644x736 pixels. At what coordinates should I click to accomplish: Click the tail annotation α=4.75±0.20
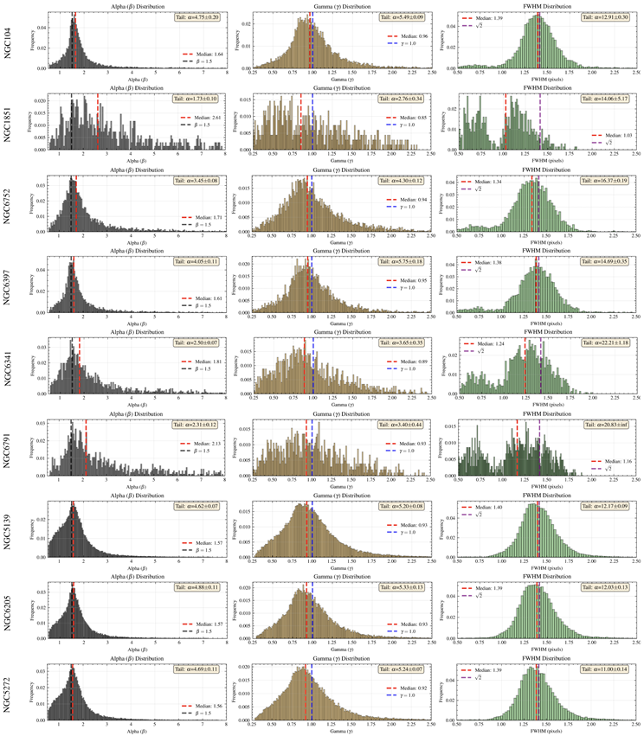click(x=197, y=17)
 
